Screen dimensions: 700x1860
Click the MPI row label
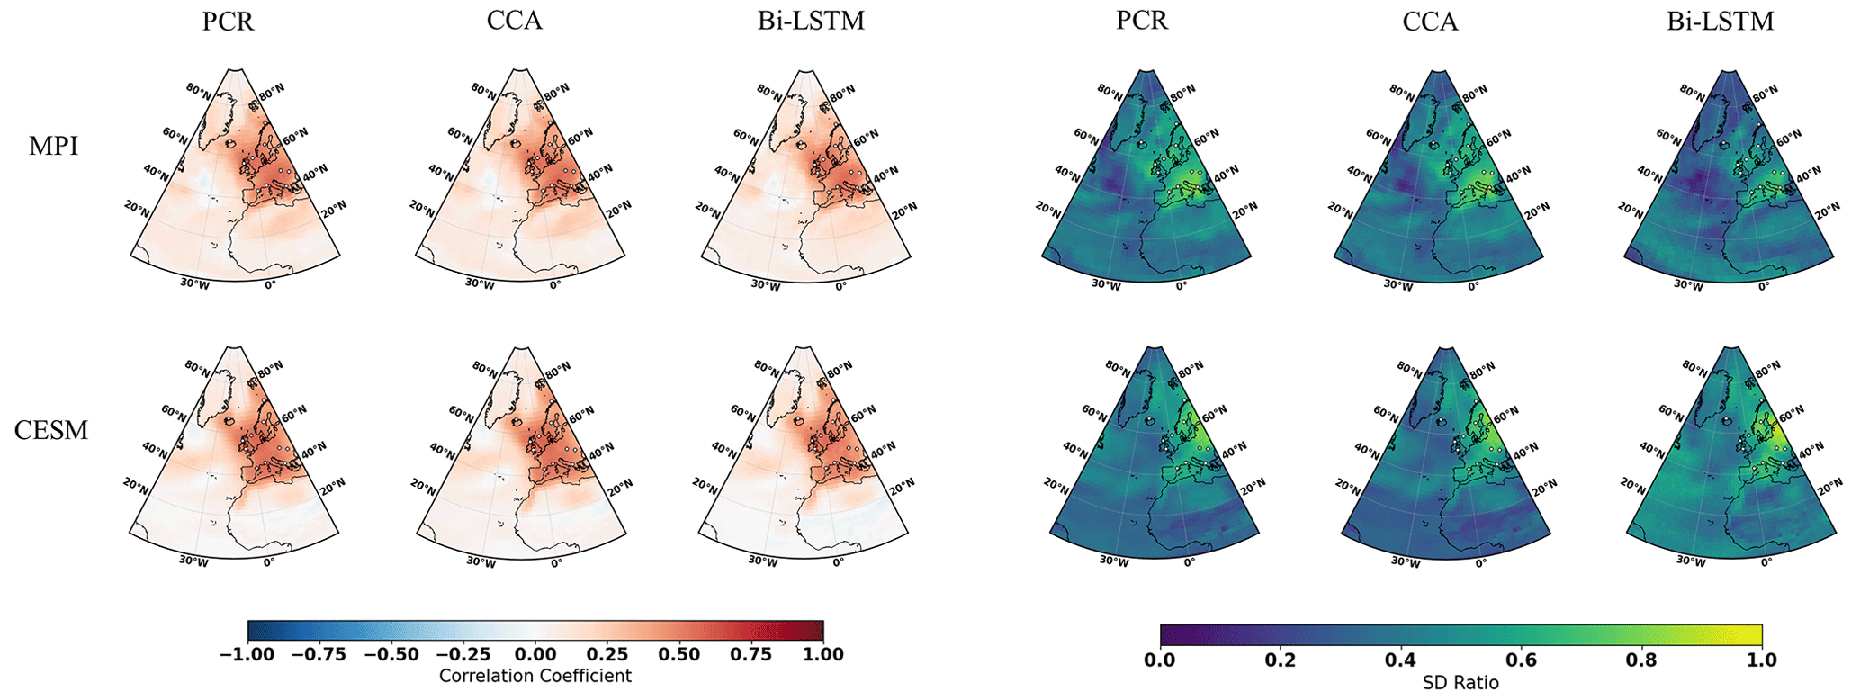[53, 146]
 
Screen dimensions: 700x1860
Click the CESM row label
[51, 430]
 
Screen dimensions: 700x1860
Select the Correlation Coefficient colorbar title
[535, 676]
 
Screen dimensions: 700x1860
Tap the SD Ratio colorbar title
[1460, 683]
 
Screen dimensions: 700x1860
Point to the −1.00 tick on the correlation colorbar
[247, 654]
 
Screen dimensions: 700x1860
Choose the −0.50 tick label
[391, 654]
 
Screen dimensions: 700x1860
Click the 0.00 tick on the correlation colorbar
[535, 654]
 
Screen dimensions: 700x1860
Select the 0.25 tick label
[607, 654]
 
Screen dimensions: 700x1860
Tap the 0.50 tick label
[679, 654]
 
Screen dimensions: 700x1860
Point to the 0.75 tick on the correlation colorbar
[751, 654]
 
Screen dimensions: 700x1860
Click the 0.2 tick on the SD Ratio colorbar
[1280, 660]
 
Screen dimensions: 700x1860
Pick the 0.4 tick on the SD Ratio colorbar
[1401, 660]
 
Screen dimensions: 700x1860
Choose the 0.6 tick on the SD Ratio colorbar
[1522, 660]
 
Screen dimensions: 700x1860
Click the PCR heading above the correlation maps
[228, 21]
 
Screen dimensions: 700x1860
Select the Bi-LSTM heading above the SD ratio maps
[1720, 21]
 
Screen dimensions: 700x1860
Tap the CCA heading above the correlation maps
[514, 21]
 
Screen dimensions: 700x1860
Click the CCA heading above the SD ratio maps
[1430, 21]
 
